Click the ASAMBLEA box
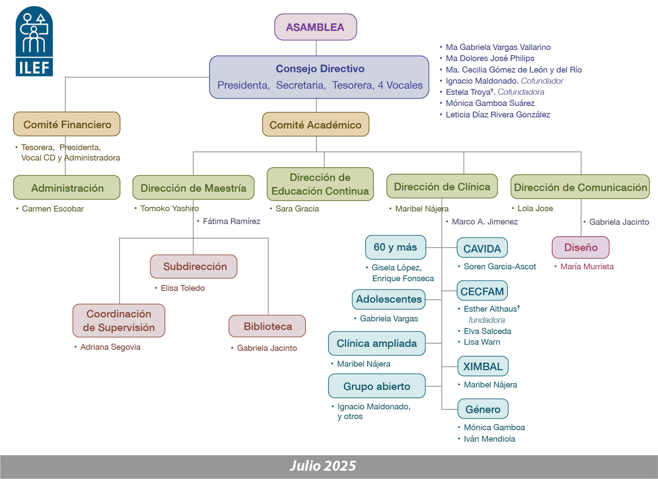(x=316, y=27)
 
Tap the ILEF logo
(x=34, y=41)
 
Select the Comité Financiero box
(x=67, y=124)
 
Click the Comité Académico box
(x=316, y=125)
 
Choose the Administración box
(x=67, y=188)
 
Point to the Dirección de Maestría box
(x=193, y=188)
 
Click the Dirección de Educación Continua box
(x=320, y=184)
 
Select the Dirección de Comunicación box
(x=580, y=187)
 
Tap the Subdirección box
(x=194, y=266)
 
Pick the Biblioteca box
(x=267, y=326)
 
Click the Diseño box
(x=580, y=247)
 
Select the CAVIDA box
(x=482, y=248)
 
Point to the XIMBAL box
(x=483, y=366)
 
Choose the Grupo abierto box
(x=377, y=386)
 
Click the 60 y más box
(x=395, y=247)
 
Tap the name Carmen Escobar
(x=53, y=209)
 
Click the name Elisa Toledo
(x=183, y=288)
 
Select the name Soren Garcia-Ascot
(x=500, y=266)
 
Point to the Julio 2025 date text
(x=323, y=466)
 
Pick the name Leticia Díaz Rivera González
(x=498, y=115)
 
